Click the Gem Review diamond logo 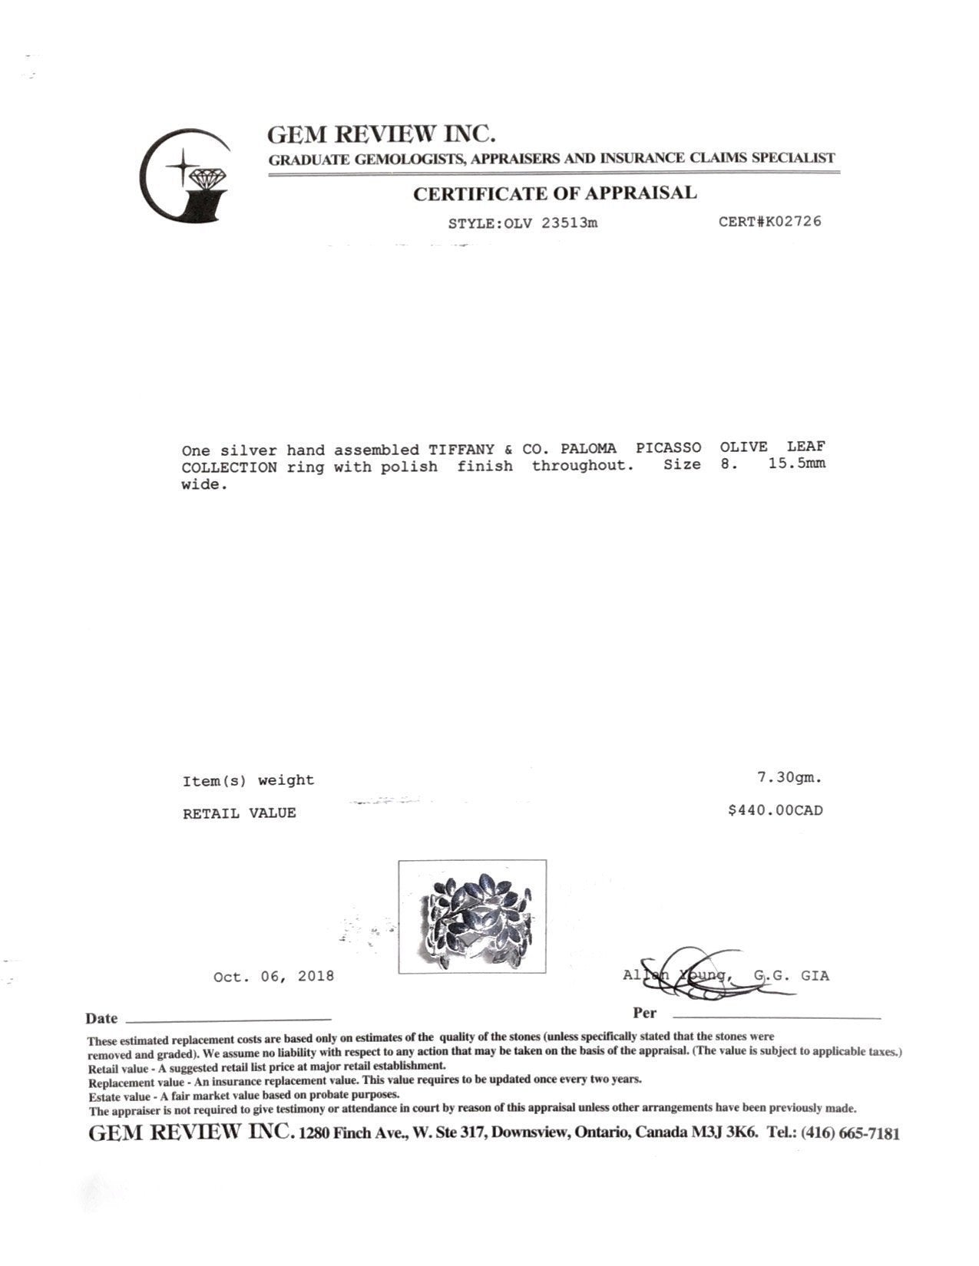[x=185, y=176]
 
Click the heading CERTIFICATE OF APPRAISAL [x=554, y=193]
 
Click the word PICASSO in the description [x=668, y=447]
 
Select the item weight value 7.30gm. [x=789, y=777]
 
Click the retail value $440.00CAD [x=775, y=810]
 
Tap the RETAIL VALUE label [x=239, y=813]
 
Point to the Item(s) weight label [x=248, y=781]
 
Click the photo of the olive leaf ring [x=471, y=916]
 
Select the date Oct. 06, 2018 [x=273, y=977]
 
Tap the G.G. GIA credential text [x=791, y=976]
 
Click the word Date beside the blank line [x=101, y=1019]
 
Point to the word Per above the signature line [x=644, y=1013]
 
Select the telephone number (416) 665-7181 [x=849, y=1133]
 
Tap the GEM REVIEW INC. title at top [x=381, y=134]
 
